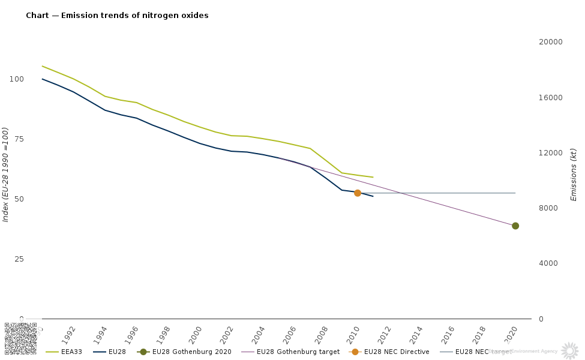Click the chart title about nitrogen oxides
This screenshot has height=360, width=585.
coord(117,16)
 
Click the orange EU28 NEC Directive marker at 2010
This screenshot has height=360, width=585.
coord(358,193)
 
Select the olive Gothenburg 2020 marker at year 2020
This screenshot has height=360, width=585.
coord(515,226)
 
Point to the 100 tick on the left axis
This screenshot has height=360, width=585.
coord(16,79)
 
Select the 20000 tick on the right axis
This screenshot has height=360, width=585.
coord(549,42)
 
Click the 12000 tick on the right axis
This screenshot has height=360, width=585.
coord(549,153)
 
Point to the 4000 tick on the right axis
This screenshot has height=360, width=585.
coord(547,263)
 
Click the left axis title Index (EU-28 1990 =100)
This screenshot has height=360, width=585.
coord(6,175)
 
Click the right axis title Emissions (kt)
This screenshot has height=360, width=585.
coord(573,175)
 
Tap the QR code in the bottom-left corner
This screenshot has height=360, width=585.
coord(20,340)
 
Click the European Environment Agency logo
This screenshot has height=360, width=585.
coord(569,350)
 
